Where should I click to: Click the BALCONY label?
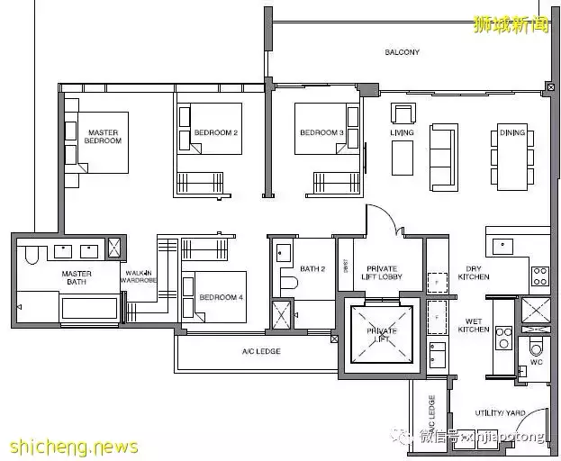[402, 52]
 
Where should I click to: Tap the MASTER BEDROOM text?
[103, 138]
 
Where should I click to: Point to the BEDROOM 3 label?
[321, 133]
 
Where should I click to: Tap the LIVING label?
[402, 133]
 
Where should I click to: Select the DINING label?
[512, 133]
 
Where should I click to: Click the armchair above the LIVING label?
[402, 113]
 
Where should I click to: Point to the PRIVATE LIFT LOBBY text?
[382, 273]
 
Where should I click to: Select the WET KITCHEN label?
[477, 325]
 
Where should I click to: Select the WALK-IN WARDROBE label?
[138, 277]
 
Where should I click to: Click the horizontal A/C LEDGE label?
[261, 351]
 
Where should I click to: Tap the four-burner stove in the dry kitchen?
[539, 276]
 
